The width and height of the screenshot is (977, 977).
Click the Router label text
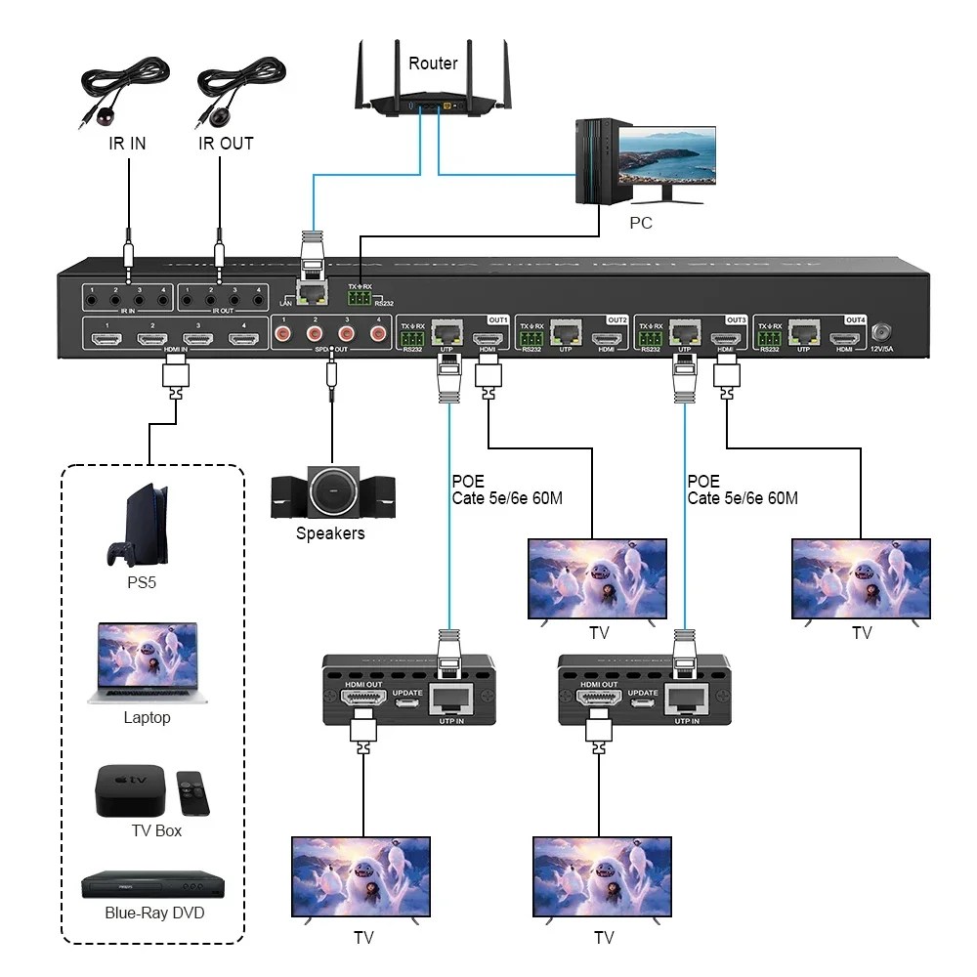(x=433, y=64)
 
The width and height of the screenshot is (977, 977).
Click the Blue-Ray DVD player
(x=151, y=883)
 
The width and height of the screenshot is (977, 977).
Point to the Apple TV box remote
(x=192, y=792)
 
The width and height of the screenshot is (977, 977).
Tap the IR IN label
(x=127, y=144)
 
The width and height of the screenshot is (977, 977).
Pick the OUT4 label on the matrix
(x=855, y=319)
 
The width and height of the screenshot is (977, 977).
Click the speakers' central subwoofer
(x=332, y=491)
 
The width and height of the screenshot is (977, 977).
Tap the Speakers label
(x=330, y=533)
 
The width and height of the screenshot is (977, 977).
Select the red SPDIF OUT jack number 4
(x=378, y=334)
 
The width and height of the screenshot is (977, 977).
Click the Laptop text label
(x=147, y=718)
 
